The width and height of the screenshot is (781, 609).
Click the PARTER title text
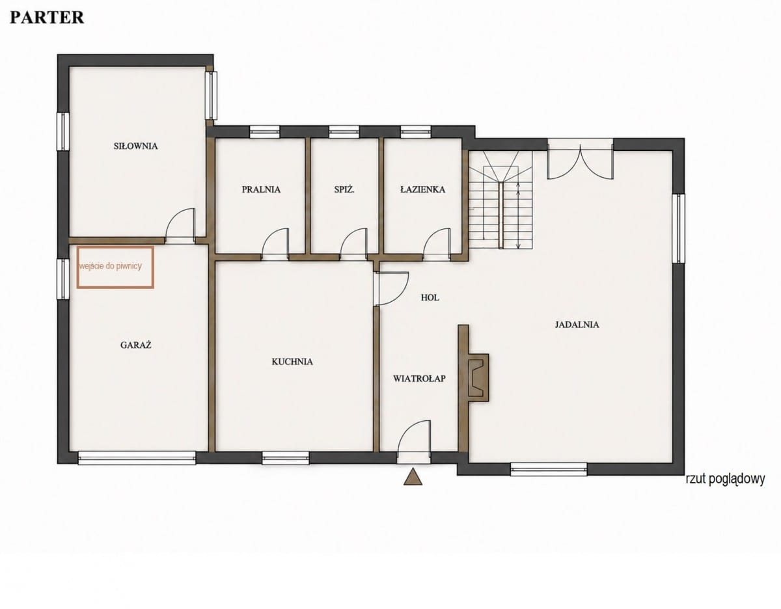(x=47, y=18)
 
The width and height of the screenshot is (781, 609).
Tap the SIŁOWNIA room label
(x=136, y=146)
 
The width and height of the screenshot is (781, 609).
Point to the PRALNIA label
(x=261, y=189)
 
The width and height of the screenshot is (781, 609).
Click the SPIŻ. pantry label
(x=344, y=189)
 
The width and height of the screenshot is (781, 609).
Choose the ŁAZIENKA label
(x=422, y=189)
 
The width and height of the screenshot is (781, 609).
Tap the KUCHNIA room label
(x=292, y=362)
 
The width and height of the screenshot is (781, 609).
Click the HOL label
(x=430, y=297)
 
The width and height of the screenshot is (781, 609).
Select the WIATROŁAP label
(x=419, y=378)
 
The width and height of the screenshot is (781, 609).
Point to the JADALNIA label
(x=577, y=325)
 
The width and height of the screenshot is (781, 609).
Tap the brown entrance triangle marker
(x=413, y=477)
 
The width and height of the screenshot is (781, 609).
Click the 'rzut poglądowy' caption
(x=725, y=479)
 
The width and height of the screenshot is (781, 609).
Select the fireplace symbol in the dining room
(x=478, y=377)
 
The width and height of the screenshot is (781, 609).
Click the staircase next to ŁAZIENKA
(x=500, y=200)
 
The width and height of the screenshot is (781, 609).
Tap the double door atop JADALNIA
(x=580, y=161)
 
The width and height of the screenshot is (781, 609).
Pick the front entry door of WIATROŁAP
(x=414, y=442)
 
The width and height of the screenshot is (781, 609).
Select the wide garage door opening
(x=137, y=458)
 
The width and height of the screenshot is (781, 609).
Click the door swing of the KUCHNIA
(x=391, y=290)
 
